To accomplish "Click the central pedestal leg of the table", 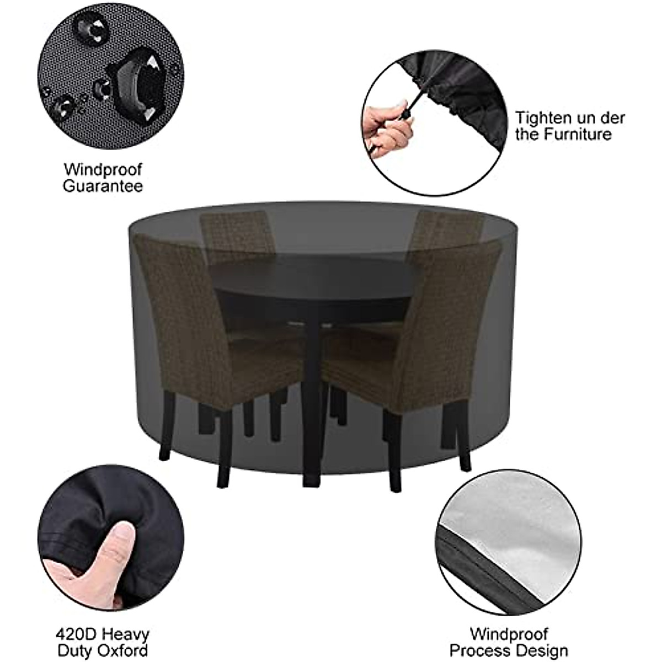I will point(312,397).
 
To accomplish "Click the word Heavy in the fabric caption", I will point(125,633).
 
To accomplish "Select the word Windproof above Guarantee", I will point(103,168).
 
